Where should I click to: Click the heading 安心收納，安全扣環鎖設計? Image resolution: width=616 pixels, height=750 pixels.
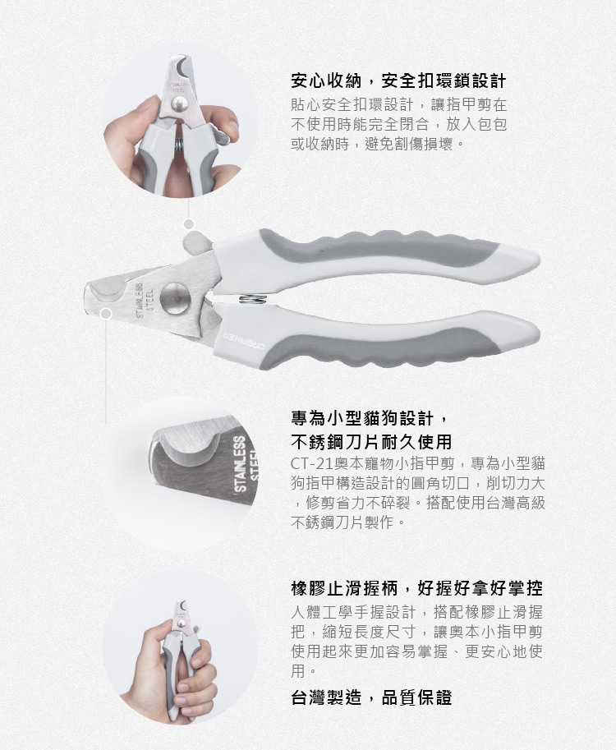point(398,81)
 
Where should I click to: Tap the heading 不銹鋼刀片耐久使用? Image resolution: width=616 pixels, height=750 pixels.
point(371,441)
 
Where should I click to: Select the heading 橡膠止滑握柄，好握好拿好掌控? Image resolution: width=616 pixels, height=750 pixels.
point(416,588)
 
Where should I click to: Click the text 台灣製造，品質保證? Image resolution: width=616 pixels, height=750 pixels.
point(371,697)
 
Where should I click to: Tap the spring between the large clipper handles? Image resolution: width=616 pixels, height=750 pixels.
point(251,300)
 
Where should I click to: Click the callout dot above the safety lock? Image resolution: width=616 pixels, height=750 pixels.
point(189,223)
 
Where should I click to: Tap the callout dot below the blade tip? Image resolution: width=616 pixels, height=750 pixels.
point(107,314)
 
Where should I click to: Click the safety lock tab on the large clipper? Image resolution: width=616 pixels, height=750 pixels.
point(197,242)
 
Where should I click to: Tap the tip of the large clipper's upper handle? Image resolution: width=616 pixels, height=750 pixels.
point(539,260)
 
